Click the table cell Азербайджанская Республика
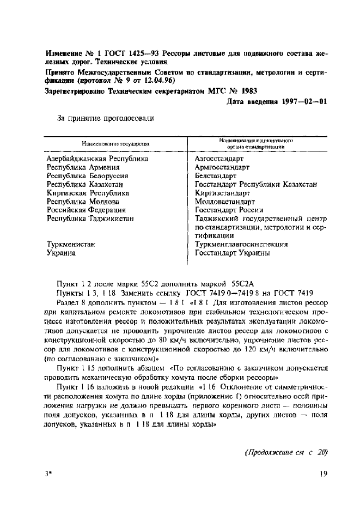pyautogui.click(x=97, y=159)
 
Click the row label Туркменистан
pyautogui.click(x=71, y=244)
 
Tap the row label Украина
pyautogui.click(x=61, y=253)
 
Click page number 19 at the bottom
pyautogui.click(x=324, y=473)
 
